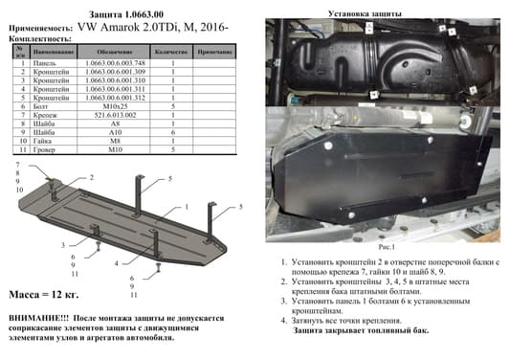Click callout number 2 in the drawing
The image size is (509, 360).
(x=92, y=178)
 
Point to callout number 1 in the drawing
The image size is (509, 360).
(x=188, y=206)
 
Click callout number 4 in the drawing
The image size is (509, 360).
(x=116, y=261)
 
